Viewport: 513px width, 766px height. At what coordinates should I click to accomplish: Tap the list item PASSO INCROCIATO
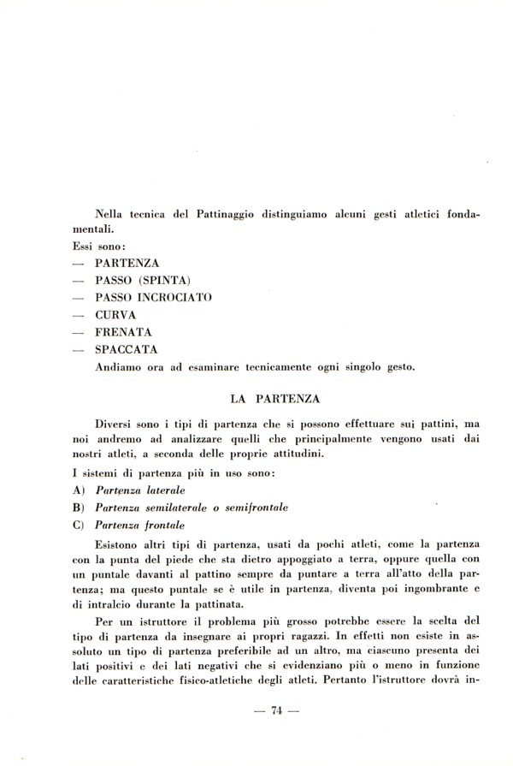[x=154, y=297]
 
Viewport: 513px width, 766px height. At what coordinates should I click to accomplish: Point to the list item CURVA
[x=115, y=315]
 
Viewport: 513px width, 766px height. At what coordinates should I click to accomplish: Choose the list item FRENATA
[x=124, y=332]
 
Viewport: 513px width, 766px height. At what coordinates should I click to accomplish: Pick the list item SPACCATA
[x=127, y=350]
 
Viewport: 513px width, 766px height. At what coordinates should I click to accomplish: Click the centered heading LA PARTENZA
[x=276, y=398]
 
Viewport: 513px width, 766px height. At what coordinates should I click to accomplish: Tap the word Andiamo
[x=121, y=368]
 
